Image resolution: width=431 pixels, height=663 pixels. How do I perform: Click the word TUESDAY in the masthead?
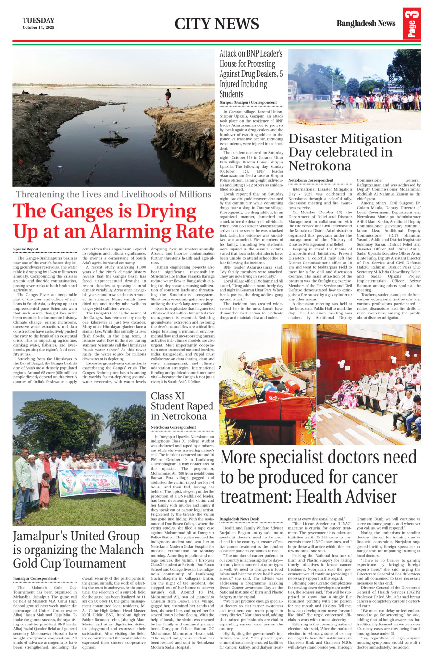[38, 20]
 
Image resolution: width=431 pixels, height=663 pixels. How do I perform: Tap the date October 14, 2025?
[38, 28]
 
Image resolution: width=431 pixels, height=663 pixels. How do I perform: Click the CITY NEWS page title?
[216, 24]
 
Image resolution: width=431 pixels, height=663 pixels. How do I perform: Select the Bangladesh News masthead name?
[366, 24]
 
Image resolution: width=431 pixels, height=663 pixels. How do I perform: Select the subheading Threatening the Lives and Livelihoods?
[113, 194]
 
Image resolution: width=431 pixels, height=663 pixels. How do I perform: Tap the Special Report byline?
[26, 249]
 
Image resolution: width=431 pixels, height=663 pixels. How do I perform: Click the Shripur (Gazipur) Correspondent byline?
[248, 103]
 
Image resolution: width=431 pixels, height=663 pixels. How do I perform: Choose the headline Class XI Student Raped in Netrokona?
[182, 406]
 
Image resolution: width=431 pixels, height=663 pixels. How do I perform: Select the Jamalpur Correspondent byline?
[36, 578]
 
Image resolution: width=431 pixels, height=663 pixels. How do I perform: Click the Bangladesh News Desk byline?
[239, 519]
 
